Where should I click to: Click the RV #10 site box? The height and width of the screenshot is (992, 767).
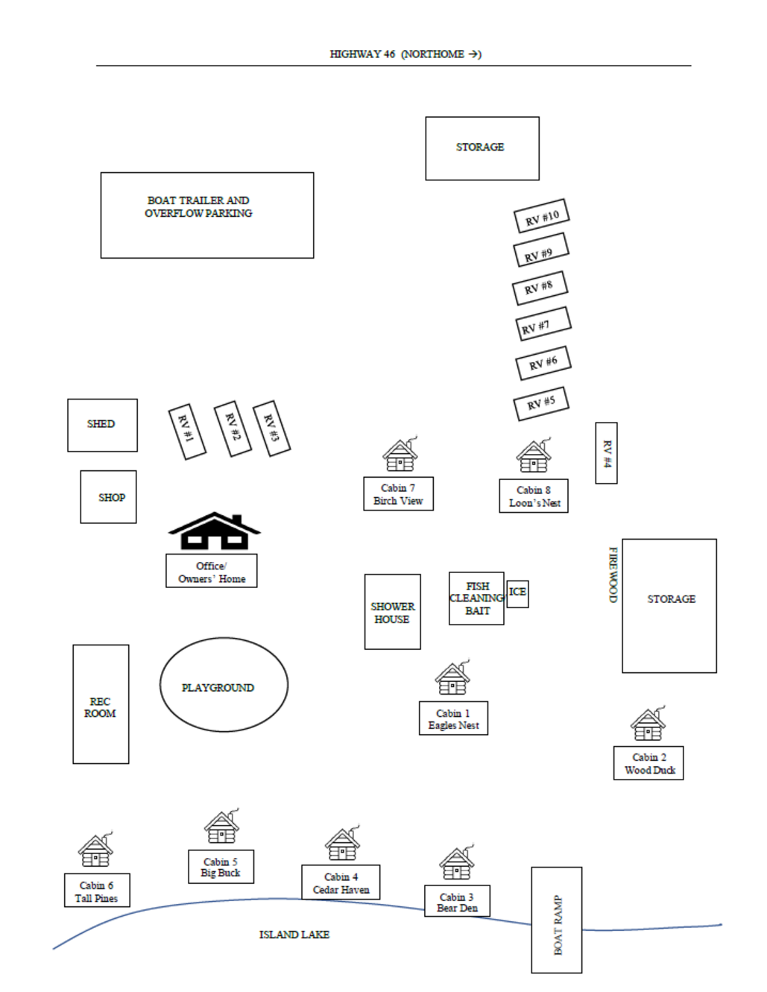[x=541, y=215]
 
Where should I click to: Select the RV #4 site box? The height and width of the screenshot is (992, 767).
[x=606, y=453]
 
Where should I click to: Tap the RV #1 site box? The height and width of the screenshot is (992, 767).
[x=187, y=432]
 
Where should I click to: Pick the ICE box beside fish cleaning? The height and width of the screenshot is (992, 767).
[x=518, y=594]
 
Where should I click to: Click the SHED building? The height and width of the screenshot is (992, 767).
[x=102, y=425]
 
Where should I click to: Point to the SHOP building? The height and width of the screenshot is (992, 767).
[x=108, y=496]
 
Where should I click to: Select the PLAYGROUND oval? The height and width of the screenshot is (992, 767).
[x=224, y=684]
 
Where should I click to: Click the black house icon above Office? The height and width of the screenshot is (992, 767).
[x=215, y=531]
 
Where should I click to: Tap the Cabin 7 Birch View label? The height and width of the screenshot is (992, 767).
[x=399, y=494]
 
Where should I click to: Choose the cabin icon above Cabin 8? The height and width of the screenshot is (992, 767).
[x=534, y=455]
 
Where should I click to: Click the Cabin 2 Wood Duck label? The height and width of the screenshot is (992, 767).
[x=648, y=763]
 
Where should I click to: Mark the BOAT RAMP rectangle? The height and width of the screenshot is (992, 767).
[x=557, y=920]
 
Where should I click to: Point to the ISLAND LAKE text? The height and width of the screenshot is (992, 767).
[x=294, y=935]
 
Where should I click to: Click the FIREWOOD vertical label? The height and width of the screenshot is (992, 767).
[x=613, y=575]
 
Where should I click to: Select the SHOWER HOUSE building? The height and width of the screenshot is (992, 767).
[x=393, y=612]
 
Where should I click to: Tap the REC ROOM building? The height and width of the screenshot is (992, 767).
[x=101, y=704]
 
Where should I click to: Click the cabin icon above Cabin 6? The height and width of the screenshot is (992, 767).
[x=95, y=849]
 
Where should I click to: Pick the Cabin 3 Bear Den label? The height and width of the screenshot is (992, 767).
[x=457, y=900]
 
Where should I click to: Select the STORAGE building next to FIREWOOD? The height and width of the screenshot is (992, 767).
[x=669, y=606]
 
